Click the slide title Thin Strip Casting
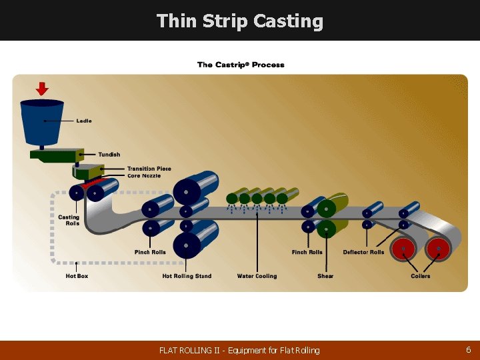pos(239,21)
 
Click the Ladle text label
pos(84,121)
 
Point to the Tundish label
pos(109,155)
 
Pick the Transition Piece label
pos(149,169)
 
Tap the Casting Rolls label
pos(69,220)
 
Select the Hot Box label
pos(77,276)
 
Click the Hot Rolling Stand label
pos(187,276)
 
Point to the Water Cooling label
pos(257,276)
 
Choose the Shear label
pos(325,276)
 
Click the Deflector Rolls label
pos(363,252)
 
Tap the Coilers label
pos(421,276)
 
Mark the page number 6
pos(469,349)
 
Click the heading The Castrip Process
pos(241,65)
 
